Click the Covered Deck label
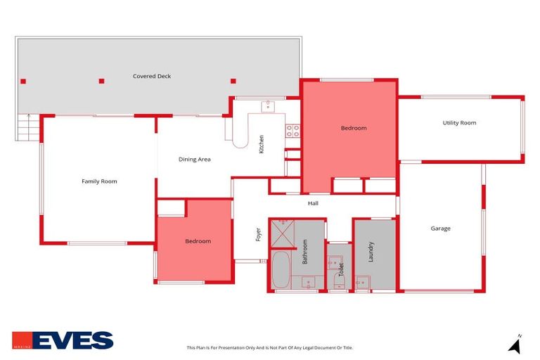point(152,76)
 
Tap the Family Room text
point(99,181)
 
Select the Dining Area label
point(195,160)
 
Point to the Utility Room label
point(459,123)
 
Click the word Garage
point(441,229)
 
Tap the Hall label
point(313,204)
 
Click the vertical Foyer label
point(258,234)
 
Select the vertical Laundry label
point(371,252)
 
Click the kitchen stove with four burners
point(292,130)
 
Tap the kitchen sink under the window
point(267,106)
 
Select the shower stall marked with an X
point(283,231)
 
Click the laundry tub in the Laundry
point(362,283)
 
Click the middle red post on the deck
point(101,81)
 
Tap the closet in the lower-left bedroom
point(171,208)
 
